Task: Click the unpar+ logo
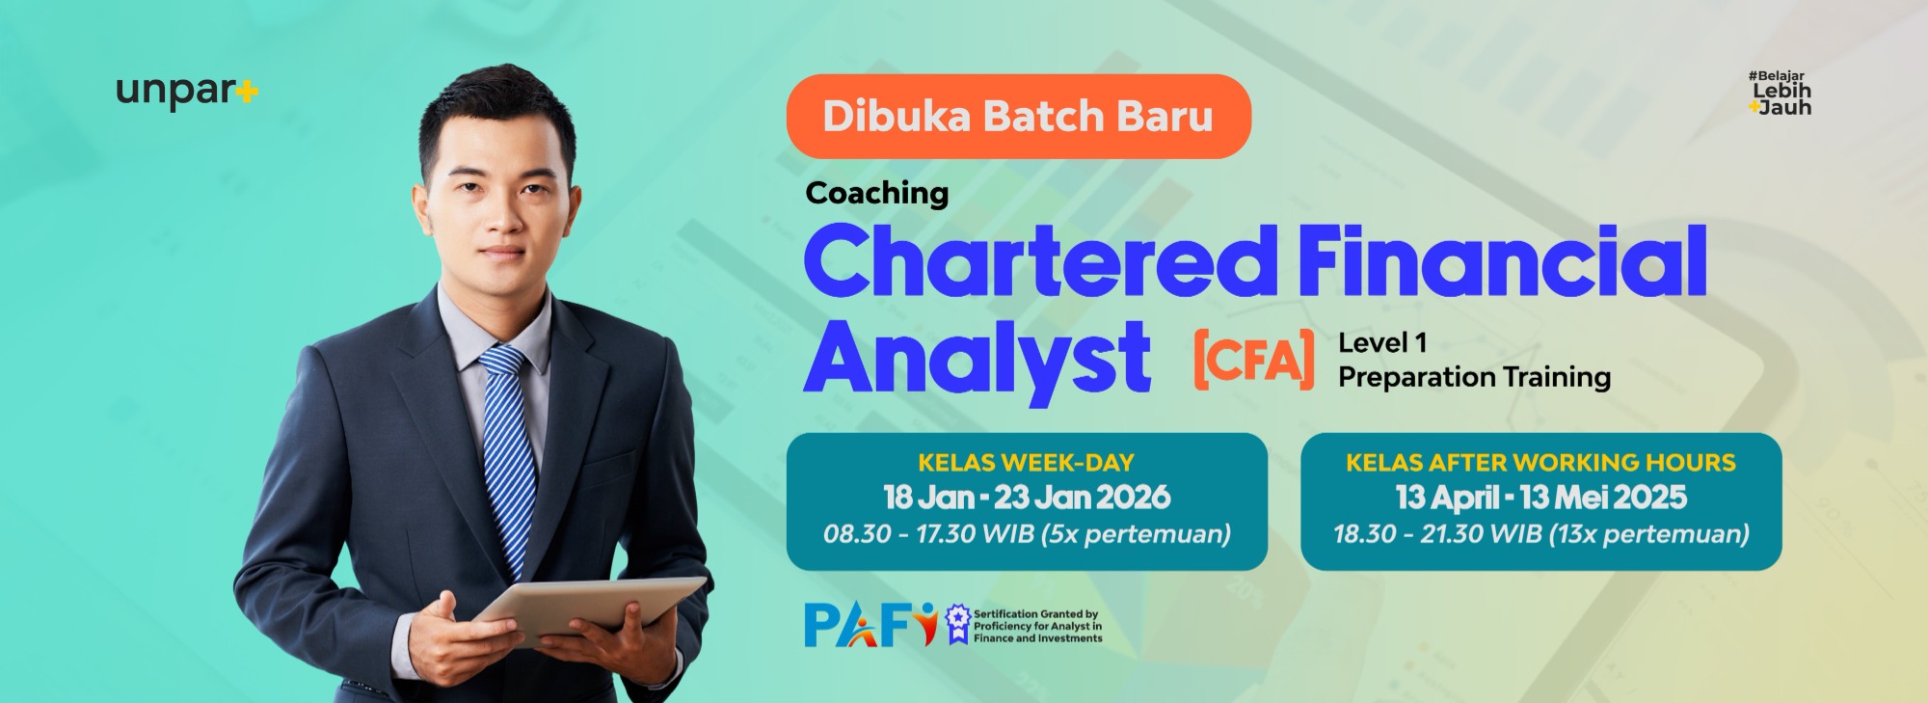click(187, 93)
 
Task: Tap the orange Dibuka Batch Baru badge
click(1019, 117)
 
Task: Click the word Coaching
click(877, 194)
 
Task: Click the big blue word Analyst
click(977, 359)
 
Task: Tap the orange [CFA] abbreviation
click(1253, 359)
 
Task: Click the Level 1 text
click(1382, 342)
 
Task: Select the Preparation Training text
click(1474, 377)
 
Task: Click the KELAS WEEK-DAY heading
click(1026, 463)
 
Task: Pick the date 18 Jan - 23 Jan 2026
click(1027, 498)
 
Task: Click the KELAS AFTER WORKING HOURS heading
click(1540, 463)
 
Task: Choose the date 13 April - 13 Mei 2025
click(1540, 498)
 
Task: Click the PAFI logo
click(870, 625)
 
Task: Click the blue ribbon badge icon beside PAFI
click(956, 624)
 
